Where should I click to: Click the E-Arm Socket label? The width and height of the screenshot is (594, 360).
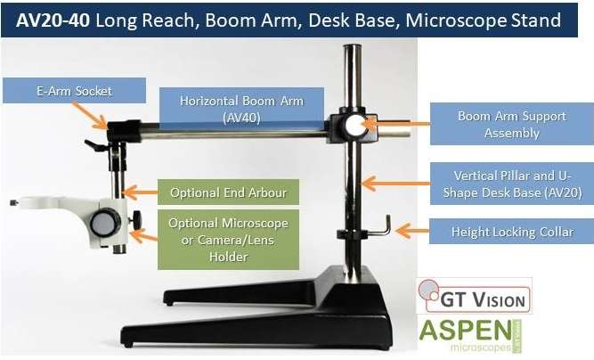pyautogui.click(x=74, y=91)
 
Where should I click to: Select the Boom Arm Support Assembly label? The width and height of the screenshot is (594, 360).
pyautogui.click(x=512, y=124)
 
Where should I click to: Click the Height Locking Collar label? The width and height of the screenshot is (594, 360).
pyautogui.click(x=511, y=231)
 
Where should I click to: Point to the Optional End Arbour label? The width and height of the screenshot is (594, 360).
pyautogui.click(x=228, y=192)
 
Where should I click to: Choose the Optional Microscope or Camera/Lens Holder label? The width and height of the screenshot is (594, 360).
pyautogui.click(x=228, y=240)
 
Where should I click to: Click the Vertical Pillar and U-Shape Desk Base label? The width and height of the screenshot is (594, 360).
pyautogui.click(x=512, y=184)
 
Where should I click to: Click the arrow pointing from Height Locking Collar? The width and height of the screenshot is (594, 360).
pyautogui.click(x=411, y=231)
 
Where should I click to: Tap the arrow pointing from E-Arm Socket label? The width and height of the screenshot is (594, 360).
pyautogui.click(x=89, y=115)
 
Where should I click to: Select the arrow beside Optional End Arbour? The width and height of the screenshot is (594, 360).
pyautogui.click(x=140, y=192)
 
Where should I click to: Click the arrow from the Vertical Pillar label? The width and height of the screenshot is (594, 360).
pyautogui.click(x=396, y=184)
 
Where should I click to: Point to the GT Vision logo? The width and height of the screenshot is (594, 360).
pyautogui.click(x=475, y=296)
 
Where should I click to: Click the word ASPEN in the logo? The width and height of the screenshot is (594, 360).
pyautogui.click(x=465, y=331)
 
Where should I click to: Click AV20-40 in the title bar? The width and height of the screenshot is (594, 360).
pyautogui.click(x=53, y=20)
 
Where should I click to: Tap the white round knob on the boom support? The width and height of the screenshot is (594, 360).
pyautogui.click(x=356, y=126)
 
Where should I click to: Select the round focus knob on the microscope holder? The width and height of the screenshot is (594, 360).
pyautogui.click(x=105, y=223)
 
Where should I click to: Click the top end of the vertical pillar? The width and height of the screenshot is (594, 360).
pyautogui.click(x=353, y=45)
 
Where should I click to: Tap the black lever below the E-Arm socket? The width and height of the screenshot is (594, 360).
pyautogui.click(x=96, y=145)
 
